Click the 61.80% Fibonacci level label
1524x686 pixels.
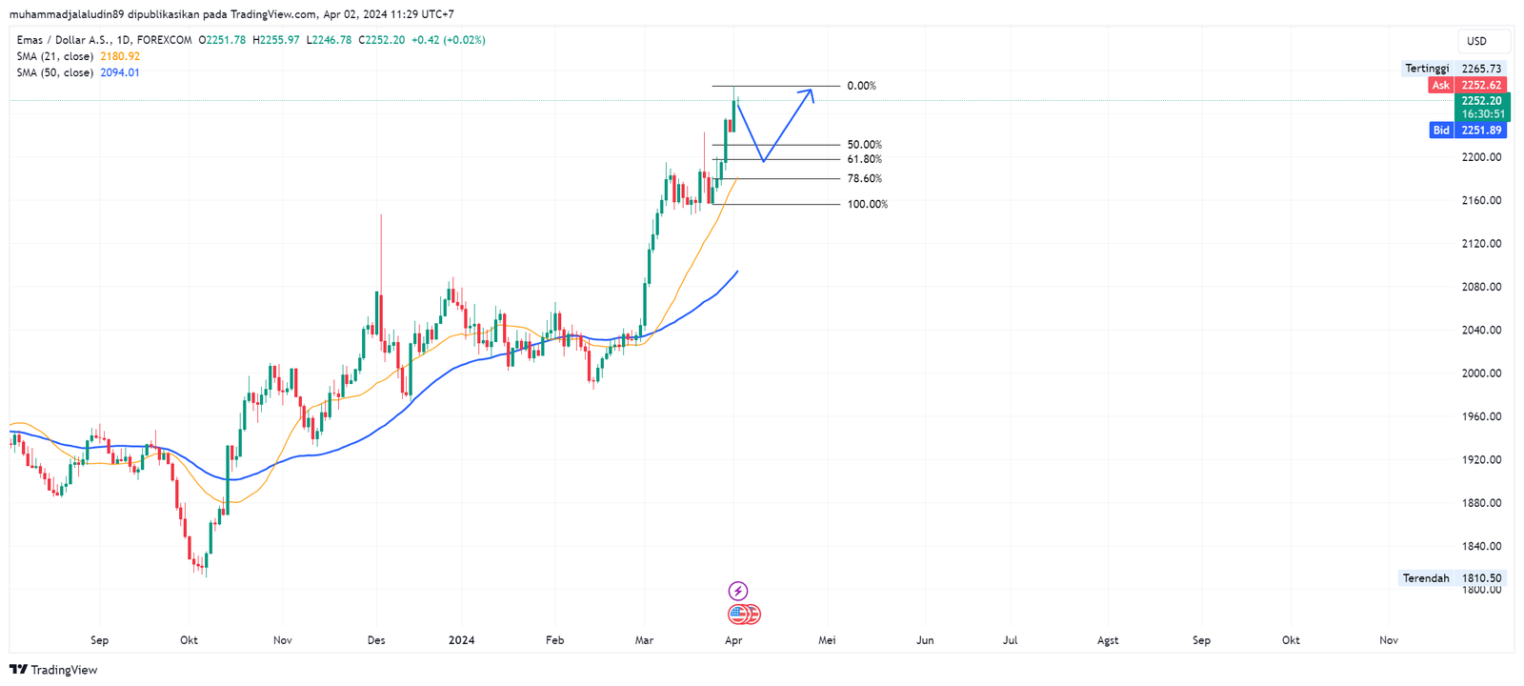point(864,159)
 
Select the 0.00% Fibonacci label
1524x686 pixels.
point(861,86)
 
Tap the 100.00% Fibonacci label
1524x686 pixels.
point(867,204)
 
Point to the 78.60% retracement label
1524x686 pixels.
point(864,178)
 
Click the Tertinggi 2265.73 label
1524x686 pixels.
point(1453,69)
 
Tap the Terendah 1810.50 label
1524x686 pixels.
point(1451,578)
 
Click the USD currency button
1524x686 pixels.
point(1476,41)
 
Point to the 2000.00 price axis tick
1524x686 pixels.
point(1481,373)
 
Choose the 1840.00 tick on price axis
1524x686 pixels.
point(1481,546)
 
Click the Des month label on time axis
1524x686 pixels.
point(376,640)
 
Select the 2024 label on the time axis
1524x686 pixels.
point(461,640)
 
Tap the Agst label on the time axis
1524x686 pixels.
point(1108,640)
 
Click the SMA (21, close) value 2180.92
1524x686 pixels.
point(120,56)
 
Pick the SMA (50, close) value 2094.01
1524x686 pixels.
point(120,72)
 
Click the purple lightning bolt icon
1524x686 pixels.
point(737,591)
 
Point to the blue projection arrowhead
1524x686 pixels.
point(810,93)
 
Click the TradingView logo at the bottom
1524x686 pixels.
point(53,670)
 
